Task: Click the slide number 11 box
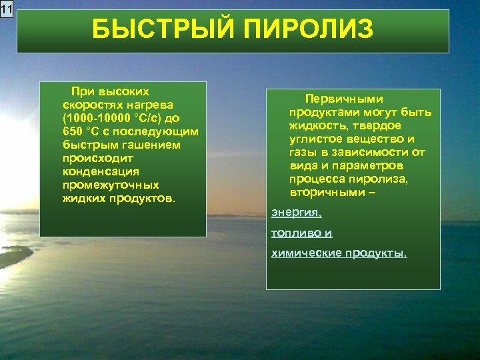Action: tap(7, 9)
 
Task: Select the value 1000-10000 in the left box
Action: tap(97, 118)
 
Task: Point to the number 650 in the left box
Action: tap(73, 131)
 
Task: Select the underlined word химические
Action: tap(303, 253)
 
